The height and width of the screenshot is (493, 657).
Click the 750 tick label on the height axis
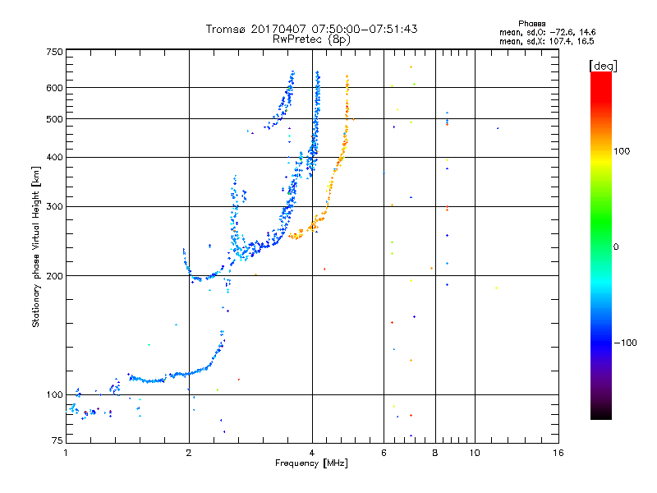53,51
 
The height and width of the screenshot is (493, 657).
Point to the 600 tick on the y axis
53,87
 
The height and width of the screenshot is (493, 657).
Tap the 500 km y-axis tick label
53,118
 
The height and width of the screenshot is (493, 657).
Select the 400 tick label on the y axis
53,157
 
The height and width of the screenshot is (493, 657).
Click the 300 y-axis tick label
53,206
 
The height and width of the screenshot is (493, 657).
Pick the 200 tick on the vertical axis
53,275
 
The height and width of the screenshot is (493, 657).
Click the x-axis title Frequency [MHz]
311,464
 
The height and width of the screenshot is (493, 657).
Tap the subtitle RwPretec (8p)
311,39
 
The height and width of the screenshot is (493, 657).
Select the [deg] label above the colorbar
603,65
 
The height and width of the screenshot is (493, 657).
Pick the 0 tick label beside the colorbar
617,246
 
